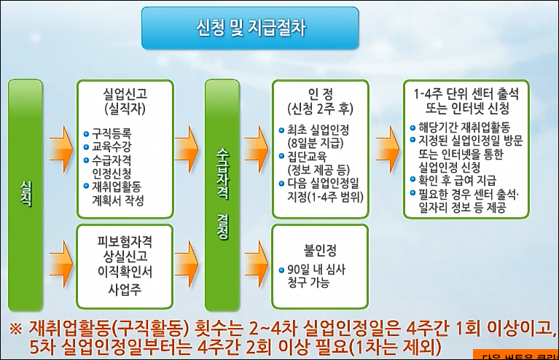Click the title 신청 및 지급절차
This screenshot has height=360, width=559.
point(251,28)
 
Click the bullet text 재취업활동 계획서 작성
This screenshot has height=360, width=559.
point(118,192)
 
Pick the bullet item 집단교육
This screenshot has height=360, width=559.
point(307,157)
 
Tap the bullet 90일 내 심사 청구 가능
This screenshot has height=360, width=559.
point(318,274)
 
